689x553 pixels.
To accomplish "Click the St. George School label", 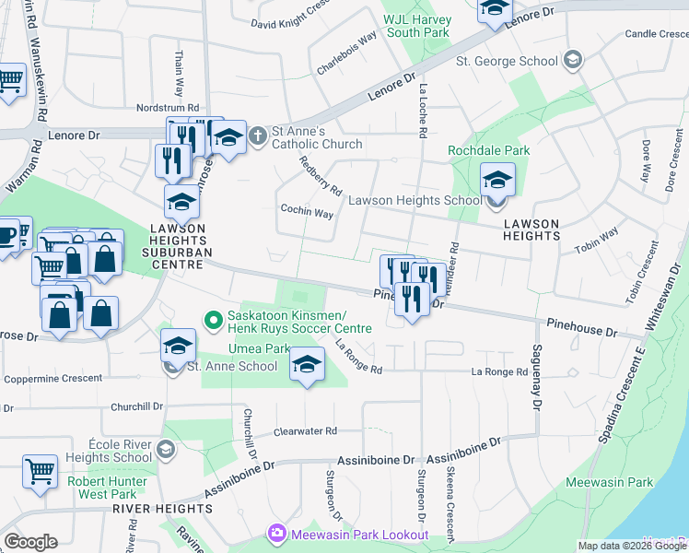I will click(508, 61).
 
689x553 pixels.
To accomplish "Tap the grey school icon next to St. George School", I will click(573, 60).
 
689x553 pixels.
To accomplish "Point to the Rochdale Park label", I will click(489, 150).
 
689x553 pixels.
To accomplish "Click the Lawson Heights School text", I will click(415, 200).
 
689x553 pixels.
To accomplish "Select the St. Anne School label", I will click(232, 366).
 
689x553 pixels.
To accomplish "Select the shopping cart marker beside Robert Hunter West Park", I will click(41, 471).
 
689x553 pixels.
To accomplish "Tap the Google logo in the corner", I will click(30, 542).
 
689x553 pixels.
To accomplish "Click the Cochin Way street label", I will click(307, 212).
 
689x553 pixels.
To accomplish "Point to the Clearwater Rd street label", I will click(306, 430).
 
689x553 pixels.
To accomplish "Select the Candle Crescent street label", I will click(656, 34).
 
